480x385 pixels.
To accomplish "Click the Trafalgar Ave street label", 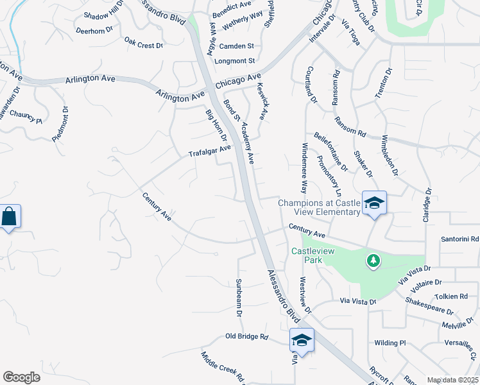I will pos(209,151).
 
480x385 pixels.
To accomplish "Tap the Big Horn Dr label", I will pos(216,125).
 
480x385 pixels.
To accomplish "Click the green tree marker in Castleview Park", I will pos(372,261).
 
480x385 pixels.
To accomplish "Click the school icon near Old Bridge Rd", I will pos(302,339).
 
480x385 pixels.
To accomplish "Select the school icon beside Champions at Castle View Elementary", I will pos(374,203).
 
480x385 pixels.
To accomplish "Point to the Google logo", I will pos(21,377).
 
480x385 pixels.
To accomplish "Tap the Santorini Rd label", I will pos(459,239).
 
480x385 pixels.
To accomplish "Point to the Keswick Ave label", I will pos(261,101).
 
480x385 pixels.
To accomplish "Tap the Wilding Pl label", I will pos(390,343).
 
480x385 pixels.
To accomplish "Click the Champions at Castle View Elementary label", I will pos(319,207).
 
